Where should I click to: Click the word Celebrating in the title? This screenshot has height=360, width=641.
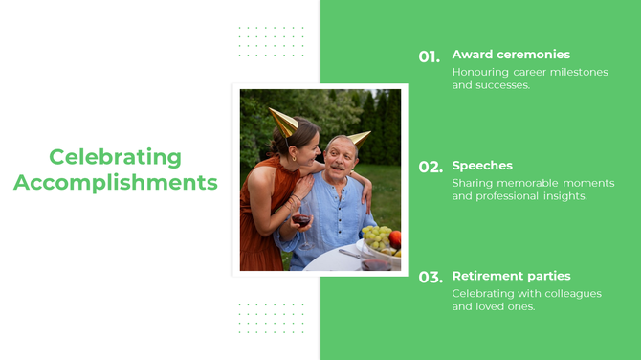[x=115, y=157]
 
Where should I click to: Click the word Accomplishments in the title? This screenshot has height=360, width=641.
[x=115, y=183]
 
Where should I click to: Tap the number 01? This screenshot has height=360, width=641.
[x=429, y=56]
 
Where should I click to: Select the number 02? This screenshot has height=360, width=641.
[x=430, y=168]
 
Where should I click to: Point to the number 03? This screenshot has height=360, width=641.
[x=430, y=278]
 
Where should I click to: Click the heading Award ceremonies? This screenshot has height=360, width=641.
[x=511, y=55]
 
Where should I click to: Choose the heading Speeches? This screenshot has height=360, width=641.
[x=482, y=166]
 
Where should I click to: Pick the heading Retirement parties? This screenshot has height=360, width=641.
[x=511, y=276]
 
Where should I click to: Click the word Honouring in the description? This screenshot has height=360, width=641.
[x=481, y=73]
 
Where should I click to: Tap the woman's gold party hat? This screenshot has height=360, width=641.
[x=284, y=122]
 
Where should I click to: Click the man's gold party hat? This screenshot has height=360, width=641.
[x=359, y=138]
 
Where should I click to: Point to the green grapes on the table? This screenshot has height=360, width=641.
[x=376, y=235]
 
